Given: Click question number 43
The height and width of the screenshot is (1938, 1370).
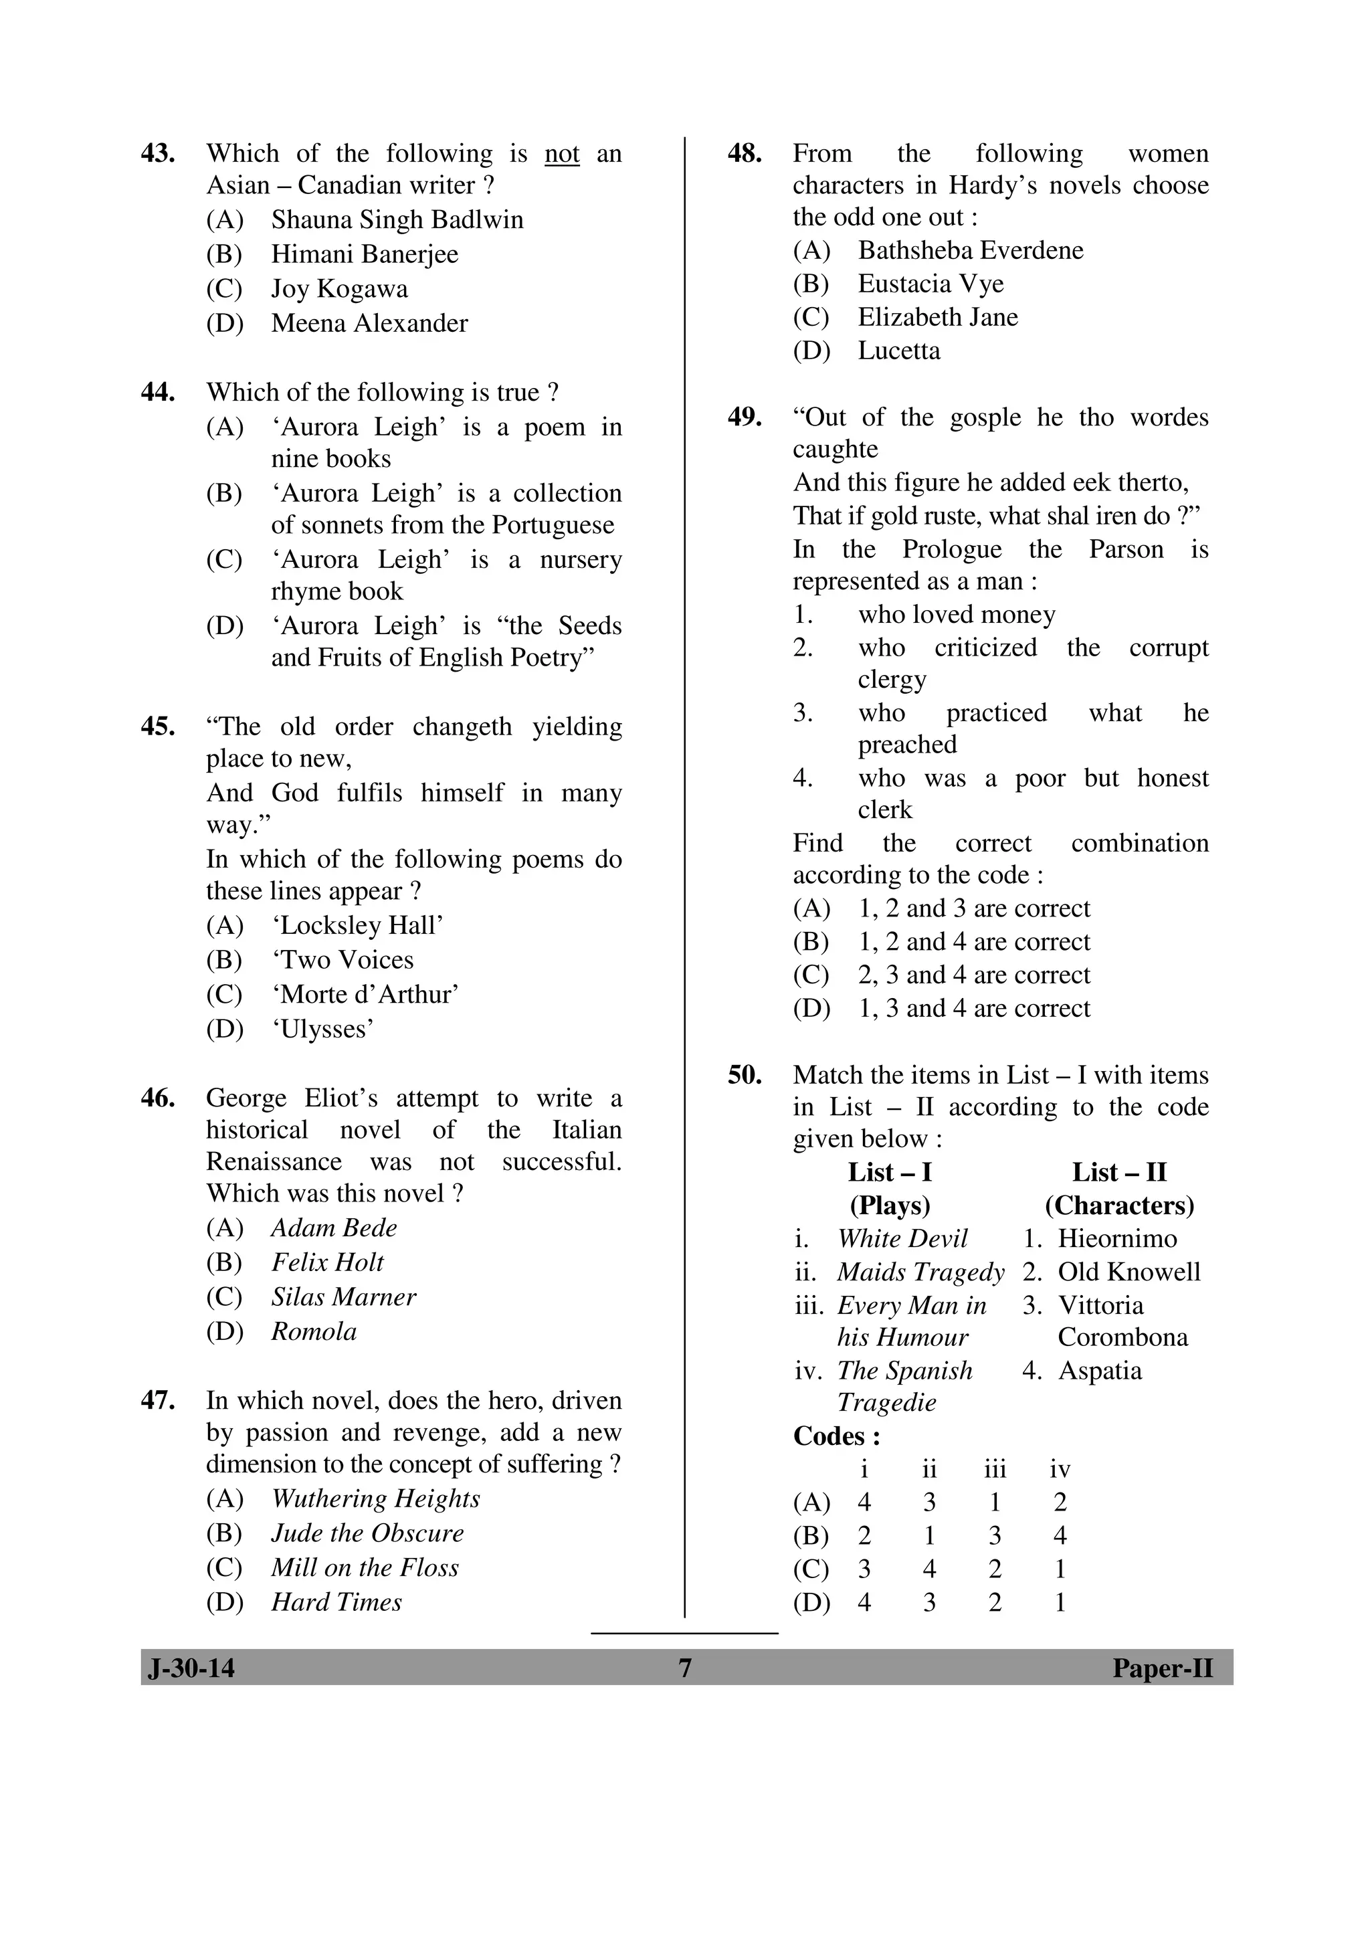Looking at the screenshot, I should tap(158, 154).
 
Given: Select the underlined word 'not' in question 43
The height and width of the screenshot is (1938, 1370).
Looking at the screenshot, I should tap(561, 155).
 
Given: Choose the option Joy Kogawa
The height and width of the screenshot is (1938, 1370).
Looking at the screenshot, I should tap(338, 289).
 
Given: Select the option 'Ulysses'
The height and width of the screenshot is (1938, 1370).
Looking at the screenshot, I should tap(322, 1029).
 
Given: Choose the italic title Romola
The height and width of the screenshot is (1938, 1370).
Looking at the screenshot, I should tap(313, 1332).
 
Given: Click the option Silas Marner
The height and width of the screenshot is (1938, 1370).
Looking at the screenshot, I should tap(342, 1297).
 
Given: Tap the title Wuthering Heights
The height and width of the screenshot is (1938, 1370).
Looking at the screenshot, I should tap(375, 1498).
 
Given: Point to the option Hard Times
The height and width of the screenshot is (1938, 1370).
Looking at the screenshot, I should tap(336, 1602).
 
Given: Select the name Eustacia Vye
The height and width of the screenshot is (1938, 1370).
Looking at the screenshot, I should tap(931, 284).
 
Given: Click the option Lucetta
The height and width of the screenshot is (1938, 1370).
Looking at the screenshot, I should tap(898, 351).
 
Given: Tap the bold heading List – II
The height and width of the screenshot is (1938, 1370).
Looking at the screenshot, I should tap(1118, 1173).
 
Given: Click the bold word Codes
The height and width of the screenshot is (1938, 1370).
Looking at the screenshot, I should tap(836, 1437).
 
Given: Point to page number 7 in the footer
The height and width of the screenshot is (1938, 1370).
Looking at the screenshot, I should tap(684, 1668).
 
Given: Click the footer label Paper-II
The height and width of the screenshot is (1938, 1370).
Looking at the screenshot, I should tap(1161, 1668).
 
